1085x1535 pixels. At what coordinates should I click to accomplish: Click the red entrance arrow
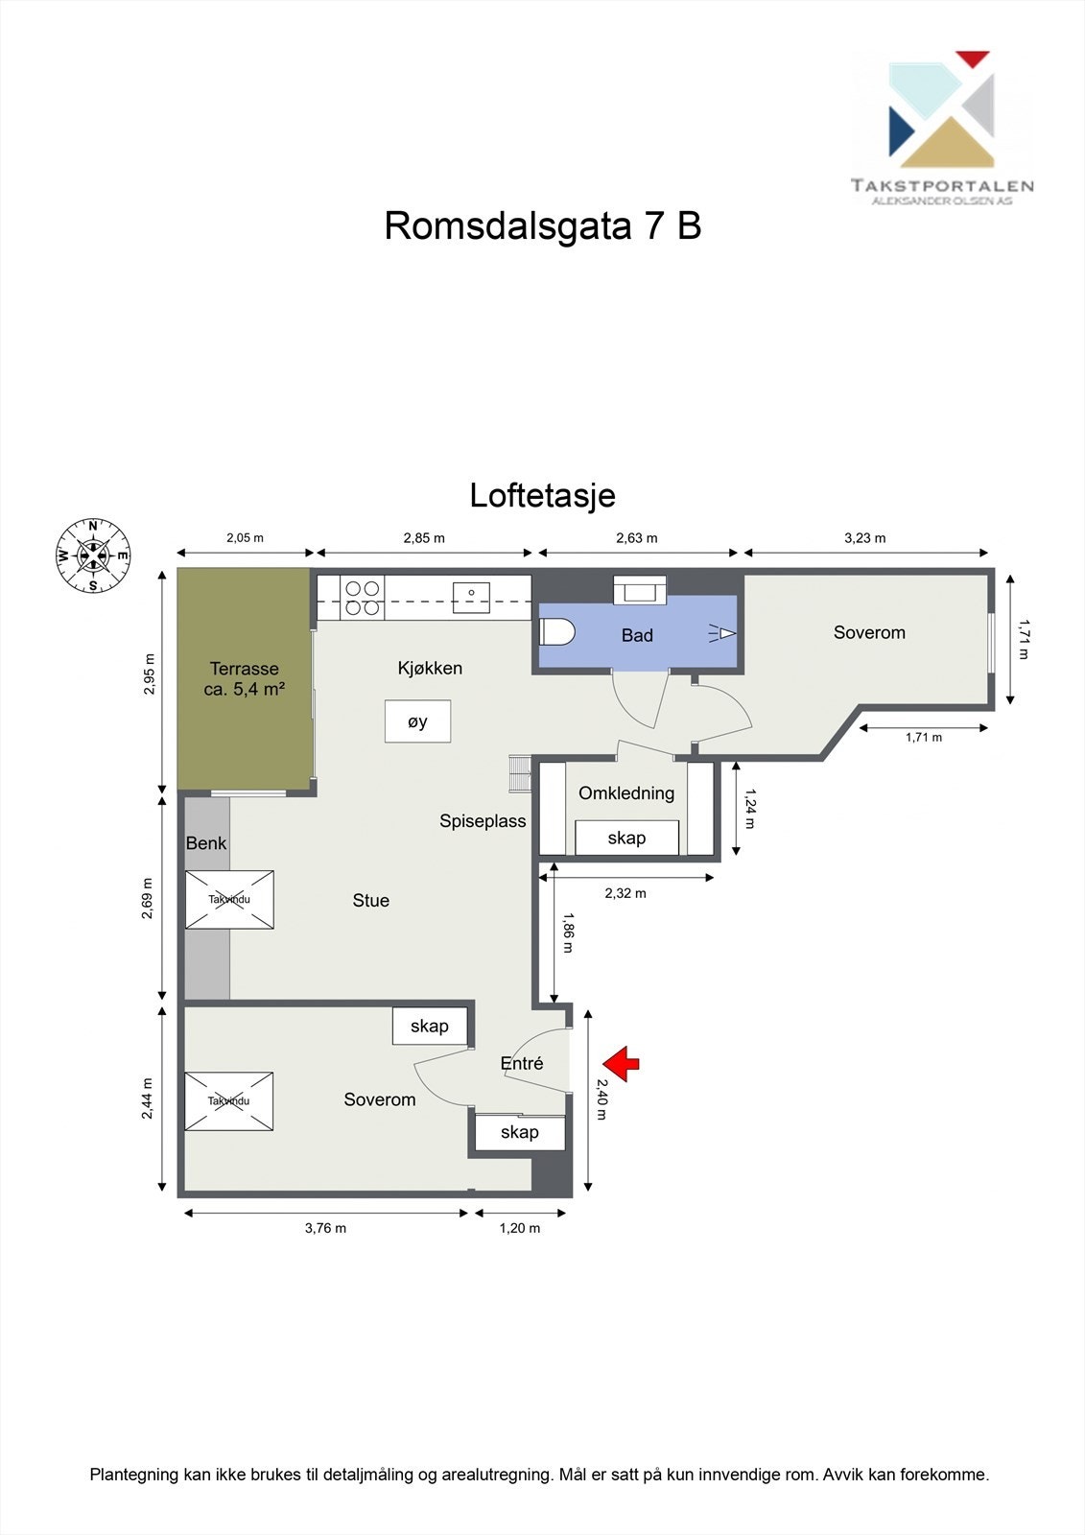(x=622, y=1062)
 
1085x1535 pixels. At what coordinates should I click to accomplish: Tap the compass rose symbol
(x=93, y=555)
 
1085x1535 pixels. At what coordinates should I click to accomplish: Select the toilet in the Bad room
(x=557, y=633)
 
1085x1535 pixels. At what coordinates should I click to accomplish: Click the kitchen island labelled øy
(x=417, y=721)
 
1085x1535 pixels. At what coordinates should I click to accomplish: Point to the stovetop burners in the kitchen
(x=364, y=598)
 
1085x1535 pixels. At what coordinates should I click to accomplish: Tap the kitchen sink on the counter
(x=471, y=597)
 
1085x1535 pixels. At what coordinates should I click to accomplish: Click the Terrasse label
(x=245, y=678)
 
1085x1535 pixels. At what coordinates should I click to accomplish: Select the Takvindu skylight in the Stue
(x=229, y=900)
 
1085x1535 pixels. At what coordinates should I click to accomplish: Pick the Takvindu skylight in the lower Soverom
(x=228, y=1100)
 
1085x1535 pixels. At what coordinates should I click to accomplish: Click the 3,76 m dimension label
(x=325, y=1228)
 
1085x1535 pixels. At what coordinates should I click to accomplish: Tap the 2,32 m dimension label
(x=625, y=893)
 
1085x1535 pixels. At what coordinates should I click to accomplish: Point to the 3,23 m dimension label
(x=864, y=538)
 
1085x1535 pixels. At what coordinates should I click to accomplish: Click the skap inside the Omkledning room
(x=626, y=838)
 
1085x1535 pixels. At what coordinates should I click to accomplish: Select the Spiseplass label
(x=483, y=821)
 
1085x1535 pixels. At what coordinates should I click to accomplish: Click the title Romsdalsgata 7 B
(x=542, y=226)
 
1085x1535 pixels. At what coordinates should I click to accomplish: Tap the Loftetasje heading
(x=542, y=496)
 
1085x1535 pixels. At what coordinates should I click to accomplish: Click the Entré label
(x=522, y=1063)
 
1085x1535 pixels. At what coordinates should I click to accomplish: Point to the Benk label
(x=206, y=843)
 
